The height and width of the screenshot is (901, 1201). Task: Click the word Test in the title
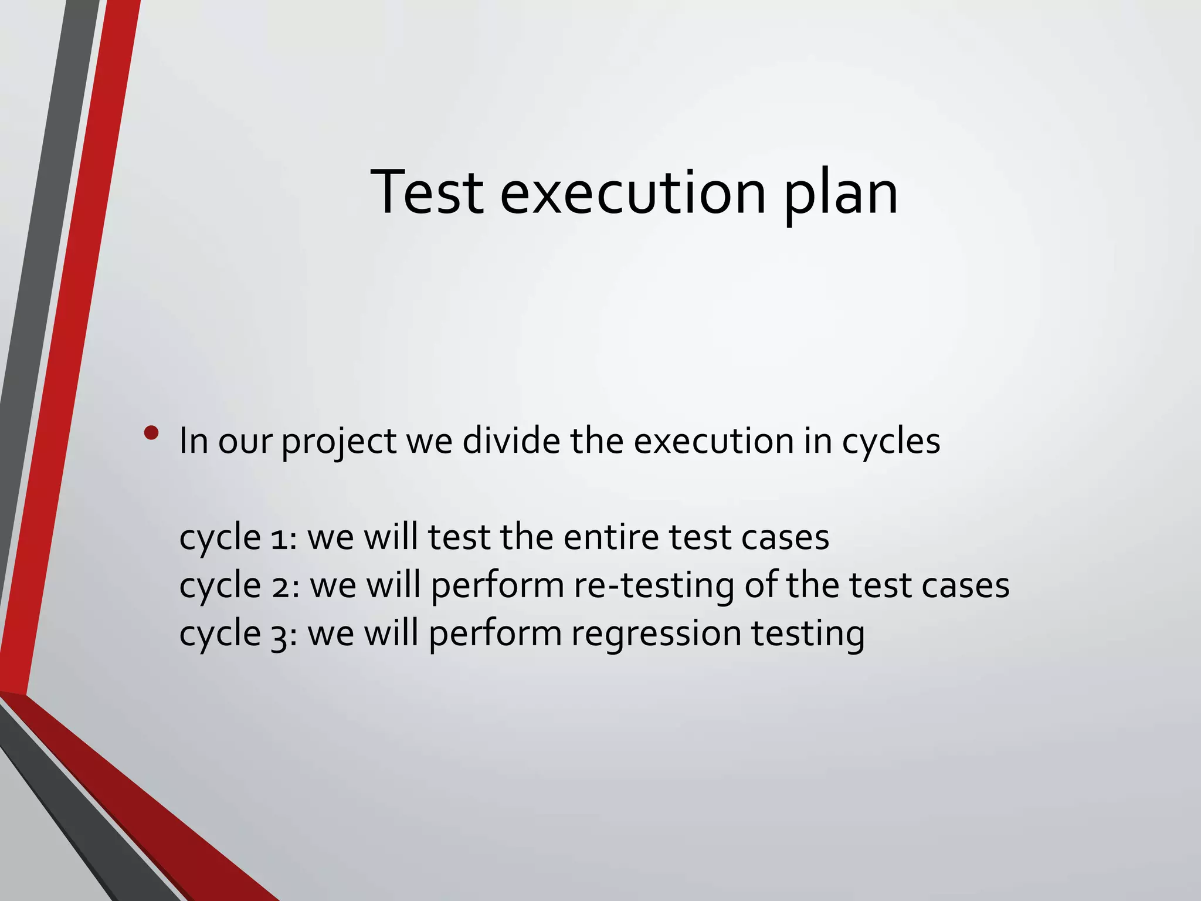click(x=428, y=192)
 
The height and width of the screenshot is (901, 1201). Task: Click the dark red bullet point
click(x=151, y=433)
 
